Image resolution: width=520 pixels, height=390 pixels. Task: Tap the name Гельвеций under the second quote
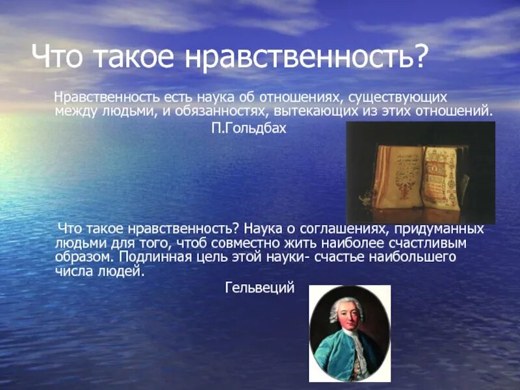[x=259, y=287]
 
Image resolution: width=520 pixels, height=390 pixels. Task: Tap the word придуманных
[x=443, y=229]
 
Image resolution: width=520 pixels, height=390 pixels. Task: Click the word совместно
[x=229, y=243]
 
